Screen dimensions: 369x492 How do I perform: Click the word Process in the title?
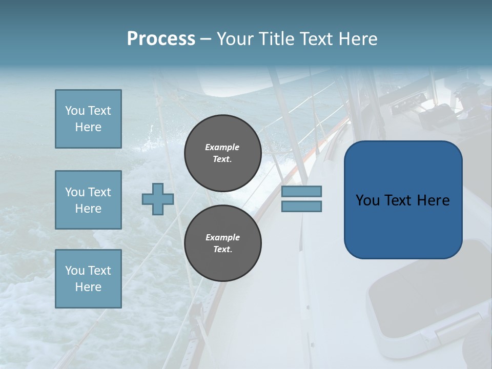(161, 39)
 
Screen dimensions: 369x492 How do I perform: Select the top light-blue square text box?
(88, 119)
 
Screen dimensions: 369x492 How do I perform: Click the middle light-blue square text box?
(88, 200)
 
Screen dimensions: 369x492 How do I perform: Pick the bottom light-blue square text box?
(88, 279)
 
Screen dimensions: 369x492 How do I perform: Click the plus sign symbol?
(157, 199)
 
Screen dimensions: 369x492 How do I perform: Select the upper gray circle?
(222, 153)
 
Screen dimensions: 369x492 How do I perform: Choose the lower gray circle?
(222, 243)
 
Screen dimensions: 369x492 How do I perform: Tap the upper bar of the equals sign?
(301, 192)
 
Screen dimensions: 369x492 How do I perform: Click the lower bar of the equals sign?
(301, 206)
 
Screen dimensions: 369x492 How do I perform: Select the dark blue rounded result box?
(403, 200)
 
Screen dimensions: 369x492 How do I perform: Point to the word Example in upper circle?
(222, 147)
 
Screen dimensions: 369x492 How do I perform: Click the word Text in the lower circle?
(222, 250)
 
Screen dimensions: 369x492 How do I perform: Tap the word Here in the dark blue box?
(434, 200)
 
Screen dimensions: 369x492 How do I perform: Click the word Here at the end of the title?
(358, 39)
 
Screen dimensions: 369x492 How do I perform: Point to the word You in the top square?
(75, 111)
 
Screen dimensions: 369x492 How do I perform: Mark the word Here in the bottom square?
(88, 287)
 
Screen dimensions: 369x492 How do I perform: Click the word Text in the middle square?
(99, 192)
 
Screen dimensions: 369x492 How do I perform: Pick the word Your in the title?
(236, 39)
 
